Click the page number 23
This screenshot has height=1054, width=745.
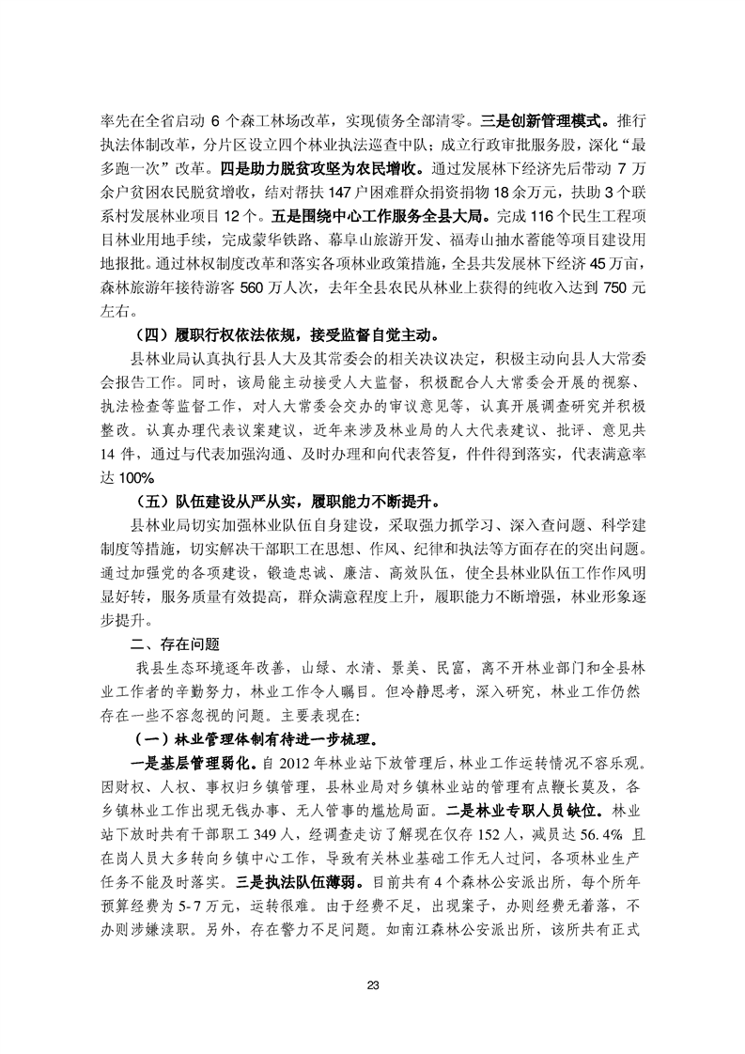372,985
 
